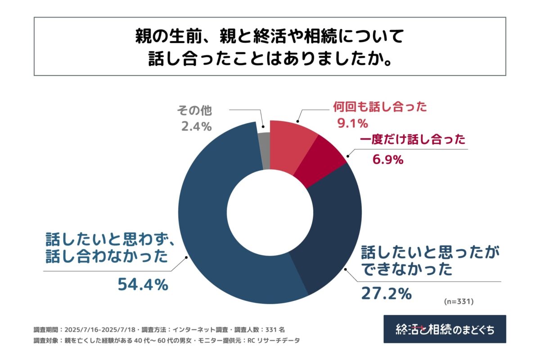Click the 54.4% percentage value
tap(143, 284)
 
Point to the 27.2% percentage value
tap(386, 293)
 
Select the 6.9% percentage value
tap(387, 159)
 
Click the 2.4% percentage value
tap(196, 127)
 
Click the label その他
tap(194, 110)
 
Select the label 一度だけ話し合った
tap(412, 140)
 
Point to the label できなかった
tap(406, 270)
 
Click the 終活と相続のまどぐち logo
tap(444, 329)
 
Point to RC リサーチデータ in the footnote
tap(271, 341)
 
